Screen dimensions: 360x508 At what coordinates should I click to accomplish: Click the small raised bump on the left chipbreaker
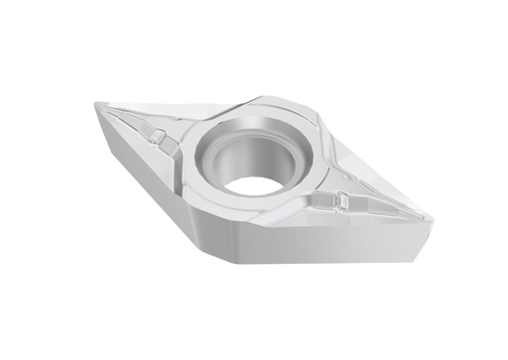coord(158,135)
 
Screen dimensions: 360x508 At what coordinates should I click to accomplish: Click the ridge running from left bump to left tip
coord(127,119)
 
